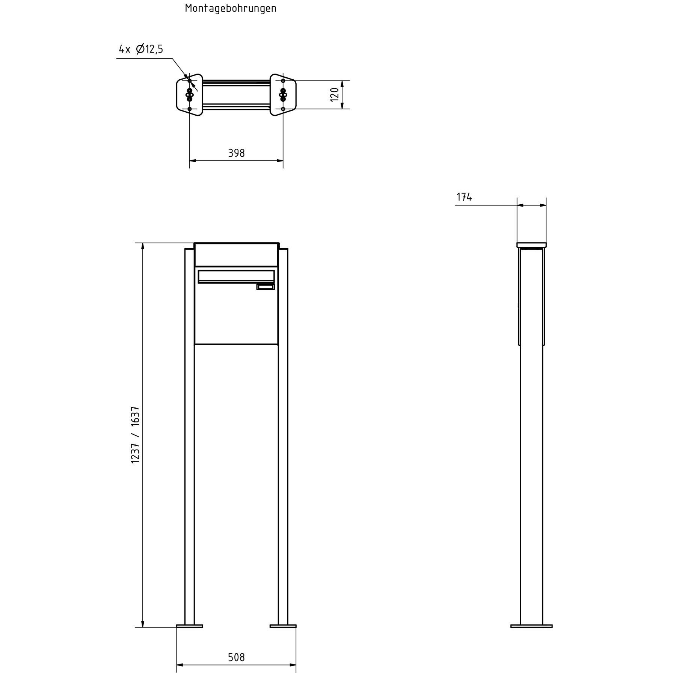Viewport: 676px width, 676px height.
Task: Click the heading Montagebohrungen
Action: coord(231,9)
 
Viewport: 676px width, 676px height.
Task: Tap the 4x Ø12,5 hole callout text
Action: coord(141,49)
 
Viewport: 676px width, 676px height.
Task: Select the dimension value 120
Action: coord(335,95)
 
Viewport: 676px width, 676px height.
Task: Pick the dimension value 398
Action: coord(236,153)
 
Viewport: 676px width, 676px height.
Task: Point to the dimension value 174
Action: coord(464,197)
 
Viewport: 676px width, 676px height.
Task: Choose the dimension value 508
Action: coord(236,657)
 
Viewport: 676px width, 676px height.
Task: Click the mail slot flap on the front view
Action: coord(236,276)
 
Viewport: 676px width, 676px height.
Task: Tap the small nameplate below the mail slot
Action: coord(266,287)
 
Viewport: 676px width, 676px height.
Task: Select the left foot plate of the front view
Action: coord(190,626)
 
